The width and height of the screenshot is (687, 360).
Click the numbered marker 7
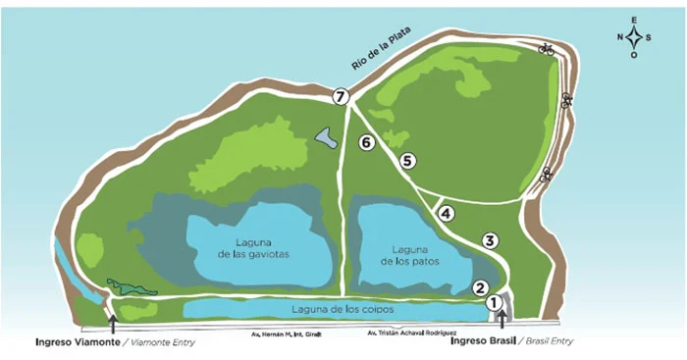click(x=341, y=96)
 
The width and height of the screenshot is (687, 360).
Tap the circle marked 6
click(x=366, y=143)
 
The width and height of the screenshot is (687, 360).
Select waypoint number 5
click(x=408, y=160)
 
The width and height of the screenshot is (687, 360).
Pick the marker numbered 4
click(x=446, y=213)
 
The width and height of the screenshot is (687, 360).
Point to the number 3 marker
click(x=490, y=240)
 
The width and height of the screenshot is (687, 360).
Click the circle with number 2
click(x=480, y=287)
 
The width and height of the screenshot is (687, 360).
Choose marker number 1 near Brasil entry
click(x=493, y=304)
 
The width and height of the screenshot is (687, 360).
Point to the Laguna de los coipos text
click(x=342, y=310)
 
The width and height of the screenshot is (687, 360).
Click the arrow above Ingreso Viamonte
click(x=113, y=322)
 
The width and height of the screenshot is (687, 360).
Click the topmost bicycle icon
click(x=548, y=48)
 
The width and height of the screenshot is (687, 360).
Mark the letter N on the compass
click(x=620, y=37)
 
